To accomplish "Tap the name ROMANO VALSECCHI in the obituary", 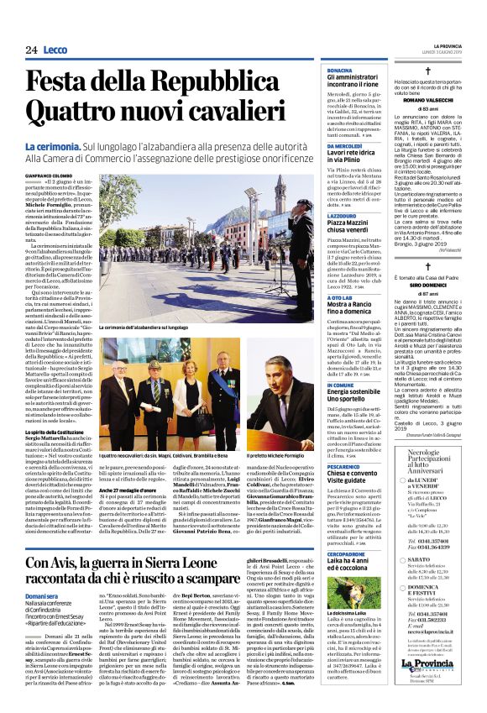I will pyautogui.click(x=429, y=99).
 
